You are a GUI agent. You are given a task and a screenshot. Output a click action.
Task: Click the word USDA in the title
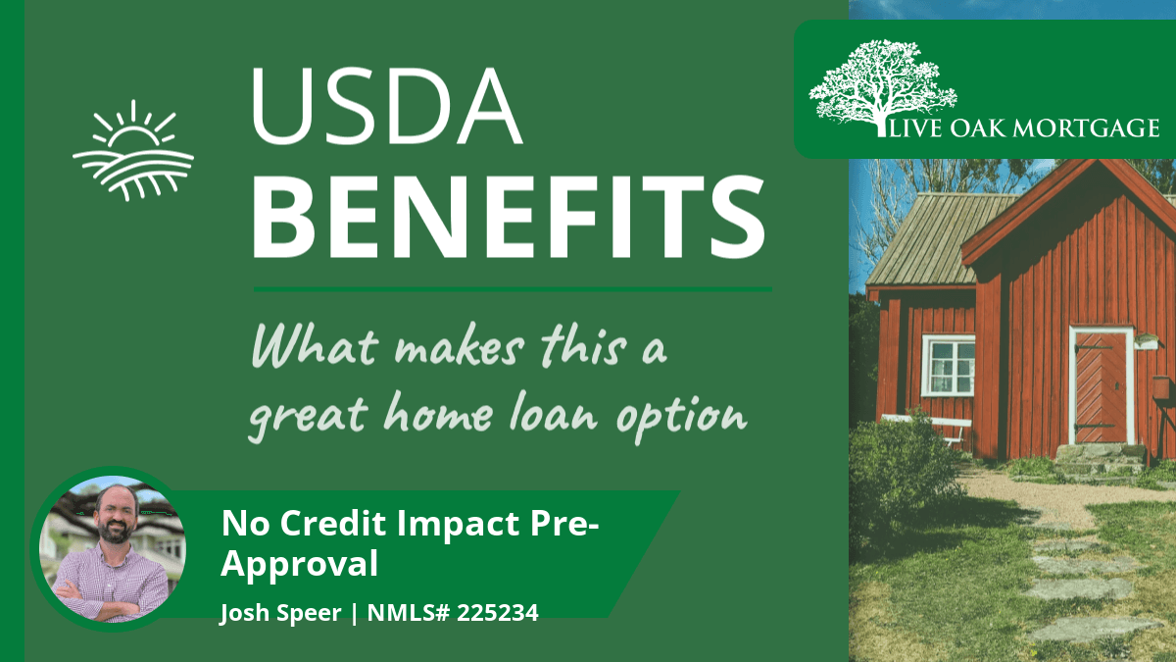click(387, 105)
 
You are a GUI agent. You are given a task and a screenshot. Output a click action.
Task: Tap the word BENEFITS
click(509, 218)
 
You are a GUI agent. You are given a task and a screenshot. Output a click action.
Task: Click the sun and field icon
click(133, 151)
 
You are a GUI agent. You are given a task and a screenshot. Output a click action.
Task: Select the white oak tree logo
click(882, 86)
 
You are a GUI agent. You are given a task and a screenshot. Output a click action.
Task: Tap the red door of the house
click(1101, 387)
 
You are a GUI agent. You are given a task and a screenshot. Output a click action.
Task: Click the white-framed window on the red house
click(950, 366)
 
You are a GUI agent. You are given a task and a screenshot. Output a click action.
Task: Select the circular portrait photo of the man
click(113, 548)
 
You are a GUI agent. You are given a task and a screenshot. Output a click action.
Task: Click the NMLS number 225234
click(497, 613)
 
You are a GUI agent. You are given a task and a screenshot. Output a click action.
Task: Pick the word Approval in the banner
click(299, 565)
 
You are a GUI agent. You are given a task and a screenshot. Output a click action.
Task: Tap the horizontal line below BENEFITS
click(513, 289)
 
